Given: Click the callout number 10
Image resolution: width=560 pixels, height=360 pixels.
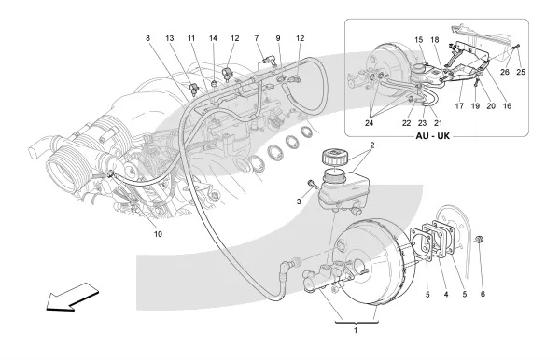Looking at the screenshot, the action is click(158, 234).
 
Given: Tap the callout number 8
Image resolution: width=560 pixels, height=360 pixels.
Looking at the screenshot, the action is click(147, 38).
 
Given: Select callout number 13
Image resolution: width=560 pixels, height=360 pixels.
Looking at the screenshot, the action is click(169, 38).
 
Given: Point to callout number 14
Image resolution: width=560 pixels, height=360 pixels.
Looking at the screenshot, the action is click(213, 38).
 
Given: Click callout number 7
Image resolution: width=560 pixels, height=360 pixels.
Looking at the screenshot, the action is click(257, 38).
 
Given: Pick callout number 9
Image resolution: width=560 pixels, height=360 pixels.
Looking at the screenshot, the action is click(278, 38).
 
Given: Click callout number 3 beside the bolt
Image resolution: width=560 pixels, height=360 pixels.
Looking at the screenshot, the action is click(299, 201).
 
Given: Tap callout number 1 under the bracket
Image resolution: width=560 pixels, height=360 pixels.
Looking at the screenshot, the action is click(356, 330).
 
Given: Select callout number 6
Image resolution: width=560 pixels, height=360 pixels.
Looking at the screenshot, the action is click(483, 294).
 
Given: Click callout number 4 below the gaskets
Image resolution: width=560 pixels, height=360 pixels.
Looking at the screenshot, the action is click(446, 295).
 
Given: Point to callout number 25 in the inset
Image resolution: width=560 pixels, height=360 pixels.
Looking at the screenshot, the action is click(521, 72).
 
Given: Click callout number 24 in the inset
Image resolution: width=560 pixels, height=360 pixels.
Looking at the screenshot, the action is click(369, 123).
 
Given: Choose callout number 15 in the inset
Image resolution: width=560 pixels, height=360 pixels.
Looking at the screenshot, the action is click(418, 39).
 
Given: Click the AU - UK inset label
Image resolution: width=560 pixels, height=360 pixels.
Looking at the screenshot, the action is click(433, 136).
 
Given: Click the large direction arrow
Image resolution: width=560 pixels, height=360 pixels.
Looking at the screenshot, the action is click(73, 297).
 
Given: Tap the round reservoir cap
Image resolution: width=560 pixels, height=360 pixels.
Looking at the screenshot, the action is click(334, 158).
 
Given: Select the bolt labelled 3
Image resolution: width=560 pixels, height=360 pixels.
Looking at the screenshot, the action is click(313, 185).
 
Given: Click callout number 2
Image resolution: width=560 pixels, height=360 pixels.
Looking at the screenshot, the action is click(372, 145).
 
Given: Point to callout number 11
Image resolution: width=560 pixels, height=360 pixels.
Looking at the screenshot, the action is click(191, 38).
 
